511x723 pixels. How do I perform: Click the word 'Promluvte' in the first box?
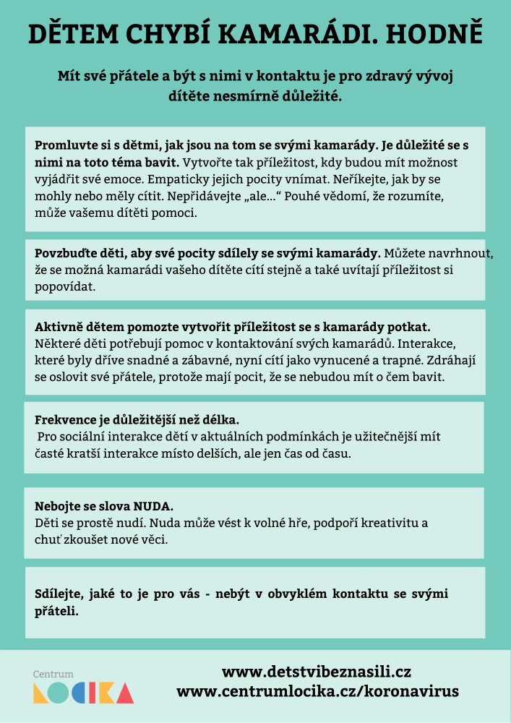[63, 145]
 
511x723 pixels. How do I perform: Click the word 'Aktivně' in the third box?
[57, 327]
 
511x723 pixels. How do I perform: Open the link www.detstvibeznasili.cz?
[317, 672]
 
